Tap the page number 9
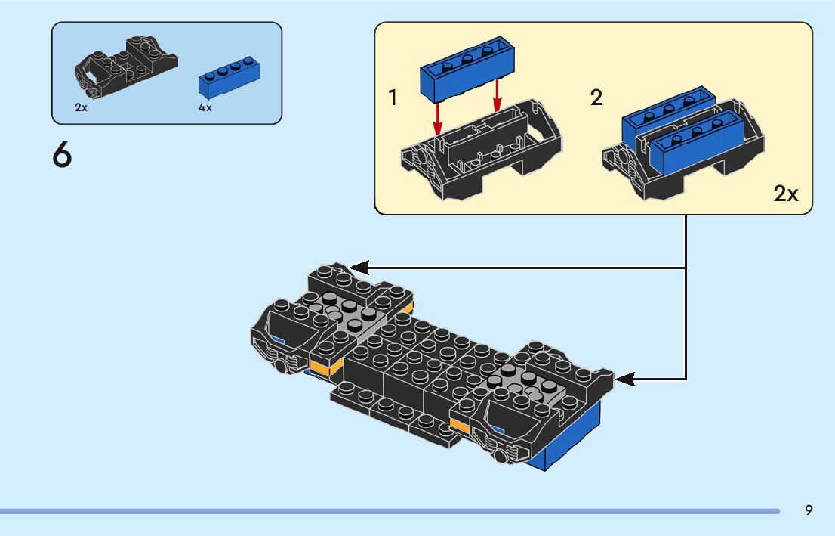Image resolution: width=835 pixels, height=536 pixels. [809, 510]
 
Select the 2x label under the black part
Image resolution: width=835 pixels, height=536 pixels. [82, 107]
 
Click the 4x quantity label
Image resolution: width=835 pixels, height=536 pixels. [205, 107]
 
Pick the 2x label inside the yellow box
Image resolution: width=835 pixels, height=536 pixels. [785, 194]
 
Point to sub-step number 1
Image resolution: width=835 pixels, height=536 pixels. [393, 98]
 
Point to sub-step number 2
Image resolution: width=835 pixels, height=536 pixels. [596, 98]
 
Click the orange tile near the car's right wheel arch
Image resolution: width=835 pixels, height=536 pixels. [459, 425]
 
